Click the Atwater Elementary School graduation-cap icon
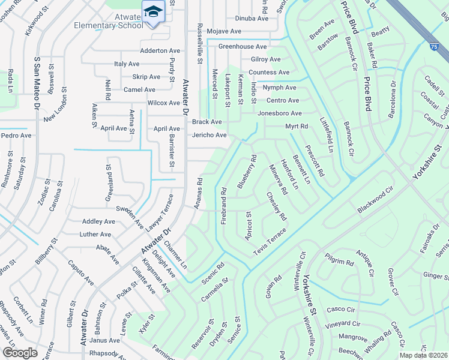pos(154,11)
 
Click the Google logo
pos(20,353)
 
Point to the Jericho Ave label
pos(209,135)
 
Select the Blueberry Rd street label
pos(247,172)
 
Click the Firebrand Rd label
pos(223,206)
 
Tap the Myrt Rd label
pos(296,127)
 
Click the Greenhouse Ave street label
pos(243,46)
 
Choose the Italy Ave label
pos(127,64)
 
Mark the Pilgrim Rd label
pos(340,262)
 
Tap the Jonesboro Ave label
pos(279,113)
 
